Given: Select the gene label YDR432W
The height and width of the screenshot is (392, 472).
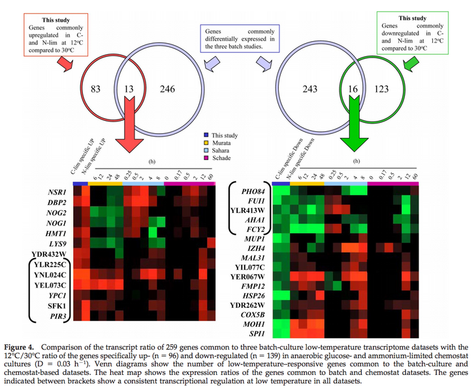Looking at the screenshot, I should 50,254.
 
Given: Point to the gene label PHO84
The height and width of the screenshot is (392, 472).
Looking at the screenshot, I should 252,191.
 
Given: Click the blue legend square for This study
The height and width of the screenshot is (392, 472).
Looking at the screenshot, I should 206,135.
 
